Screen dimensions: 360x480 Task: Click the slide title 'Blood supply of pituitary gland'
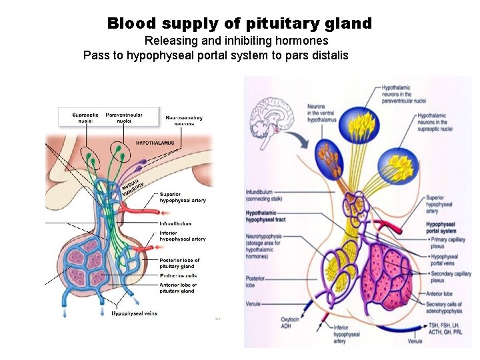pos(239,24)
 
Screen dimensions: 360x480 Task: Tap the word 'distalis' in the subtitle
pos(328,55)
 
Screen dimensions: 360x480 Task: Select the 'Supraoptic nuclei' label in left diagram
pos(85,118)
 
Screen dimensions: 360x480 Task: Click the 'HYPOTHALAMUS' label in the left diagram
pos(155,143)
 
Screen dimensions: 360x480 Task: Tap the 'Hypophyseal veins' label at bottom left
pos(135,313)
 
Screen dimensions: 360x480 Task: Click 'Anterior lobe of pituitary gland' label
pos(178,288)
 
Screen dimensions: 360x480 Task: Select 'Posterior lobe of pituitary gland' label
pos(179,263)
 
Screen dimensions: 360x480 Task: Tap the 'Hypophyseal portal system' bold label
pos(444,228)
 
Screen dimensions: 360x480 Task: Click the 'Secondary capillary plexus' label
pos(451,277)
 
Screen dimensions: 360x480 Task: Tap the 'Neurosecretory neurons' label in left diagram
pos(185,121)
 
